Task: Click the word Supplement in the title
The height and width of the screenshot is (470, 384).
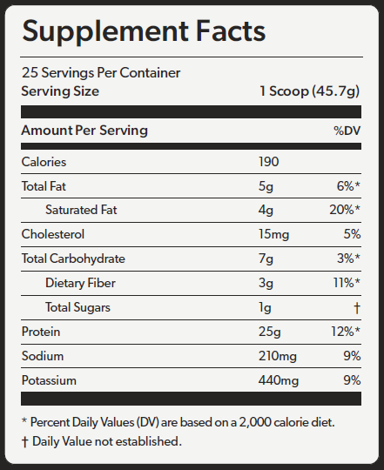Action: click(x=105, y=32)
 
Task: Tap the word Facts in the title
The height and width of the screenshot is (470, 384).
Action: click(x=231, y=30)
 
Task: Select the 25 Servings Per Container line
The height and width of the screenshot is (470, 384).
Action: click(x=101, y=72)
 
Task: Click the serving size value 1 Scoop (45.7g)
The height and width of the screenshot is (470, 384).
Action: click(x=310, y=91)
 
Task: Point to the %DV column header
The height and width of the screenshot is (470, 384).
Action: click(x=347, y=131)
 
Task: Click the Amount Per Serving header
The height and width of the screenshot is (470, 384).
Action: click(x=84, y=131)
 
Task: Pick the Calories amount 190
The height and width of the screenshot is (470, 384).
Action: click(x=269, y=162)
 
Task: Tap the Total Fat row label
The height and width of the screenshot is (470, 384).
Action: click(x=44, y=186)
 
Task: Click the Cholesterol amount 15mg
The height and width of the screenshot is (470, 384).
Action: click(x=274, y=235)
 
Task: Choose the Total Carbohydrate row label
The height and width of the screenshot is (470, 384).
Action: click(x=73, y=259)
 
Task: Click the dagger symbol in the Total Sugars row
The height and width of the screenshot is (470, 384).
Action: click(x=357, y=308)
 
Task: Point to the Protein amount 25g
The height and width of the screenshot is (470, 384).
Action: click(x=270, y=332)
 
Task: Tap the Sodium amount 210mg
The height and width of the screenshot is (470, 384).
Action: click(x=278, y=357)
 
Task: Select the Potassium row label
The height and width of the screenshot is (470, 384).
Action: click(x=49, y=380)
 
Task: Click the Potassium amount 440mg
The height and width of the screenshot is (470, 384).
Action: click(x=279, y=381)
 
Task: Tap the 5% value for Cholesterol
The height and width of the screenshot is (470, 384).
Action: click(x=352, y=234)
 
